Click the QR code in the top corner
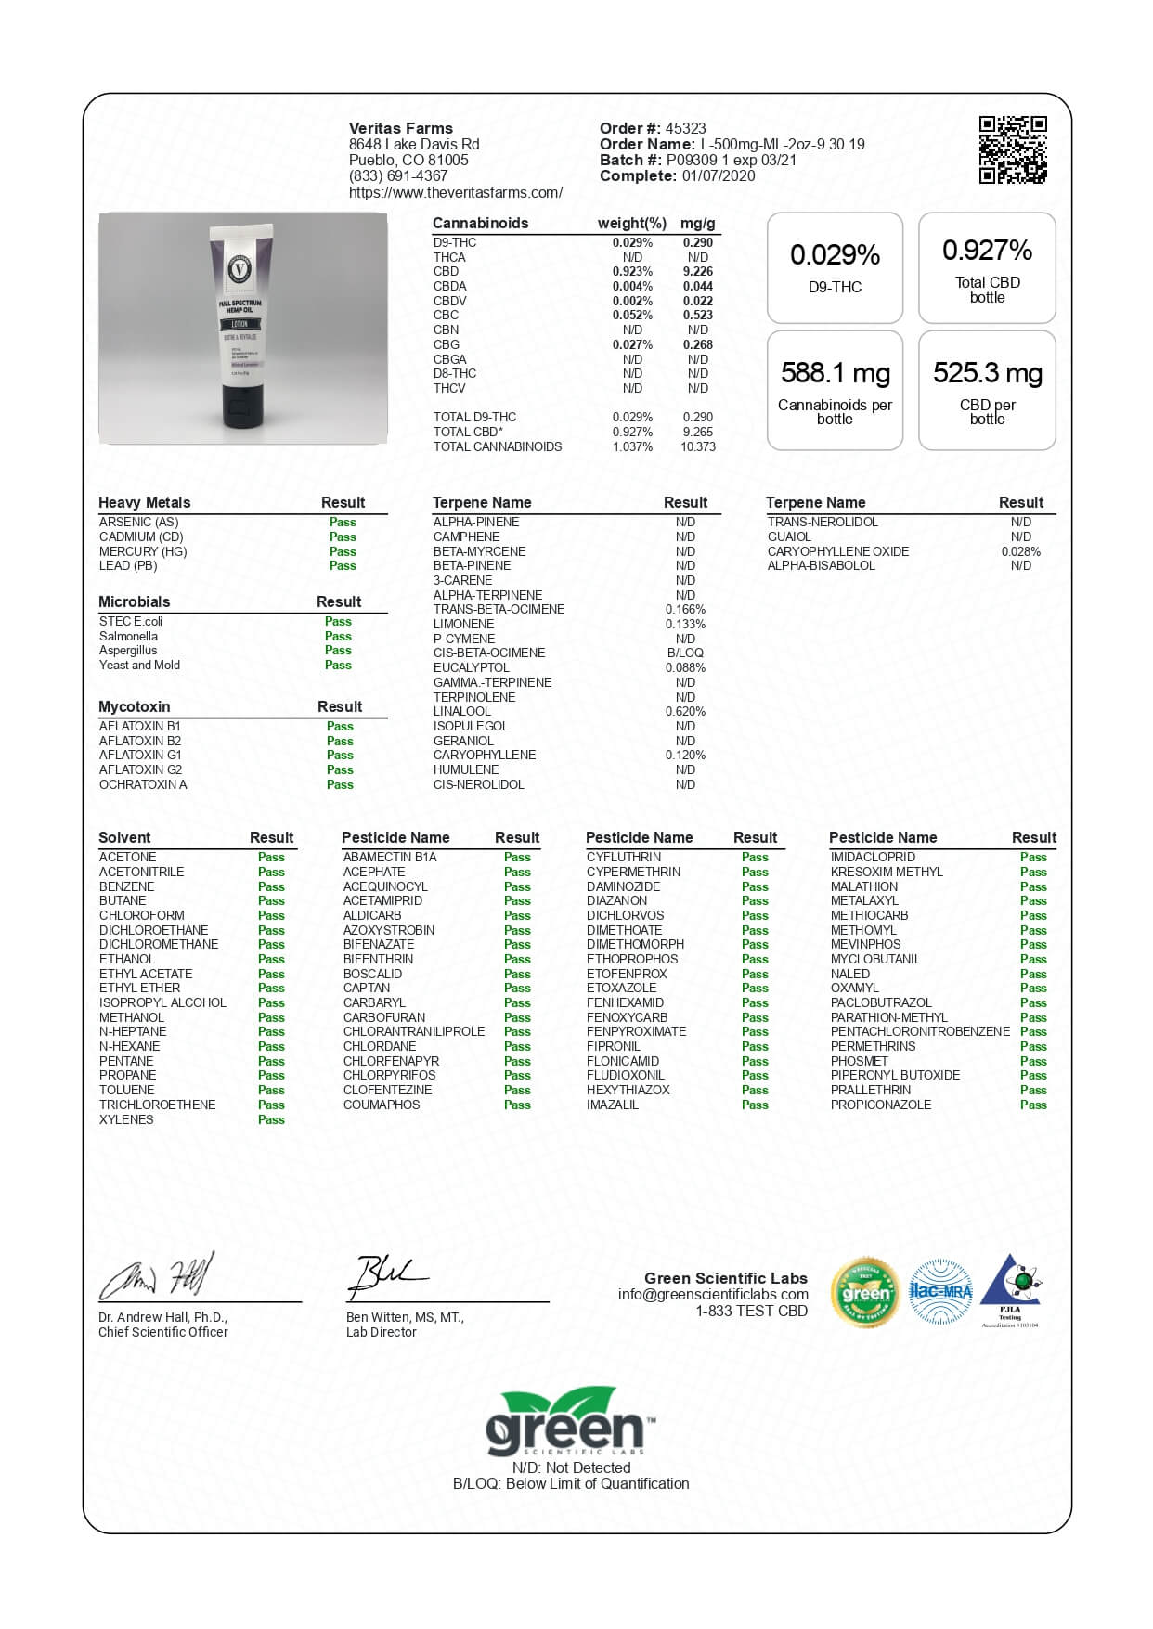pos(1013,149)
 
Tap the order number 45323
pos(685,128)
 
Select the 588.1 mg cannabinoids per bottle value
pos(835,373)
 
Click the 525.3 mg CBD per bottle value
pos(987,373)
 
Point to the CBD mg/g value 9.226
pos(697,272)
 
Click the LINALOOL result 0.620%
pos(685,711)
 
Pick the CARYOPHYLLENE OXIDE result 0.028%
pos(1020,551)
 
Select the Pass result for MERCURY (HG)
pos(343,551)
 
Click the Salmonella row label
pos(128,636)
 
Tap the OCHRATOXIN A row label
pos(143,784)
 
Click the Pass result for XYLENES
pos(271,1119)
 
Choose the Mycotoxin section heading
pos(135,706)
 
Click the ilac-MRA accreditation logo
pos(939,1291)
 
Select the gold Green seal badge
pos(865,1292)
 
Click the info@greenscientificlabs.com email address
pos(713,1294)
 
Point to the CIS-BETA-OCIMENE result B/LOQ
pos(685,653)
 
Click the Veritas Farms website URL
pos(455,193)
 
